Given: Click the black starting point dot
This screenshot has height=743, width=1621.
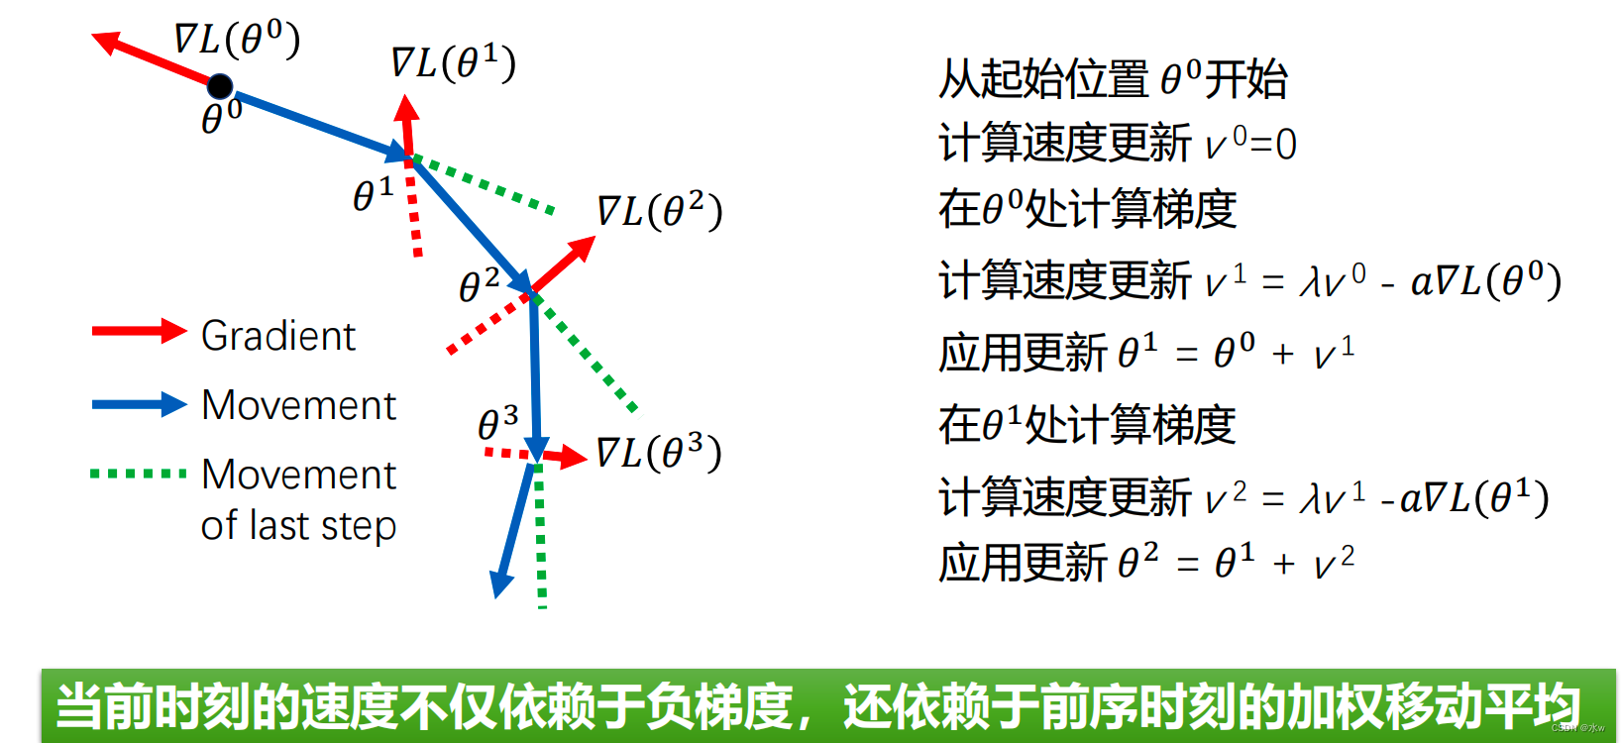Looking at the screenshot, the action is (220, 87).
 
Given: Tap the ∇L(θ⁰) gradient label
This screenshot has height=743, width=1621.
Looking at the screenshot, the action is (238, 39).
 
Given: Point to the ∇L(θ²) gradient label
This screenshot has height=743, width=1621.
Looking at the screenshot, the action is (659, 211).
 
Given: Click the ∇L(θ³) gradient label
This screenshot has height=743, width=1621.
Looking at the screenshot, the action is (659, 453).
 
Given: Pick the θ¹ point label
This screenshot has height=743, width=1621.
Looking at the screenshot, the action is (374, 194).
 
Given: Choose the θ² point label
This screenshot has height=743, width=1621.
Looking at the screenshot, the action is (479, 285).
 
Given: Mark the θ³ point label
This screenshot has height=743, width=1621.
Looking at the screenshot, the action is (497, 423).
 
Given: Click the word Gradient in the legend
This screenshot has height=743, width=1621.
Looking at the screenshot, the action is (278, 336).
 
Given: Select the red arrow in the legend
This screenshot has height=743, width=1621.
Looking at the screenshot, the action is (140, 331).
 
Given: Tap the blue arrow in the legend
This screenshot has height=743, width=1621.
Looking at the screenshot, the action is (140, 404).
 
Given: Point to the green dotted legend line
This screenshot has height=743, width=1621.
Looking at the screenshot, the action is (138, 474).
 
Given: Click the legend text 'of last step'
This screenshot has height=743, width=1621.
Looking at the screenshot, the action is (299, 525).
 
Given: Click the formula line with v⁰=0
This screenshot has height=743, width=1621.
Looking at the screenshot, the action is (1118, 144).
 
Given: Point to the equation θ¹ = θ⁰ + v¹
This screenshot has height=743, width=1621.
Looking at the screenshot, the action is (1236, 353).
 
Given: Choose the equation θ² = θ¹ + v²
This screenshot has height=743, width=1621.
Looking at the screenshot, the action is (1236, 563).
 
